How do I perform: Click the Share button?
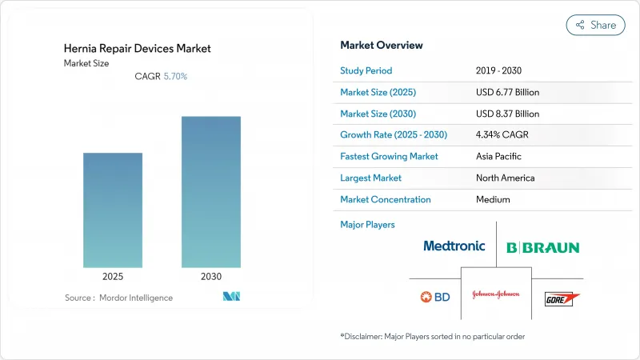(x=595, y=25)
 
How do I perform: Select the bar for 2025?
(x=113, y=210)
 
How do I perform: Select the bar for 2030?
(x=210, y=192)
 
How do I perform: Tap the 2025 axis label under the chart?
(x=113, y=277)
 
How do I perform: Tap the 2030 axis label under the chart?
(x=210, y=277)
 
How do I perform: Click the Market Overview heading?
(x=382, y=45)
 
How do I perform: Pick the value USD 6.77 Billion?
(x=507, y=92)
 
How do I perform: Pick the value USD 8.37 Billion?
(x=507, y=114)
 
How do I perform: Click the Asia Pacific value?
(x=499, y=157)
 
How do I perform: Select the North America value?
(x=505, y=178)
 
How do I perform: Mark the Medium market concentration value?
(x=492, y=199)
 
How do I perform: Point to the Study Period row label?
(x=367, y=70)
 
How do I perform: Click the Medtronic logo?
(x=454, y=246)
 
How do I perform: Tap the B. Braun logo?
(x=542, y=247)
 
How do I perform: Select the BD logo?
(x=435, y=297)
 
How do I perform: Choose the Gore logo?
(x=561, y=298)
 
